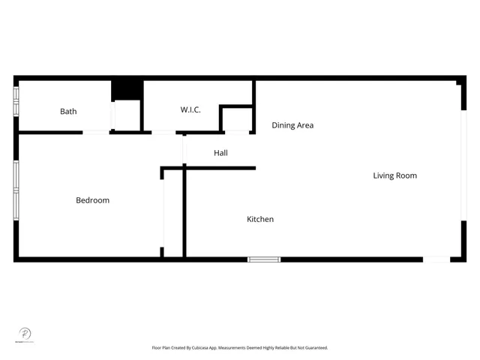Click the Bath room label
pyautogui.click(x=68, y=112)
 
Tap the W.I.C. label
pyautogui.click(x=190, y=110)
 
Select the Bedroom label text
pyautogui.click(x=92, y=200)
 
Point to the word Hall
pyautogui.click(x=220, y=153)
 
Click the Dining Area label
pyautogui.click(x=292, y=125)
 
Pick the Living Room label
pyautogui.click(x=394, y=175)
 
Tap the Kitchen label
pyautogui.click(x=260, y=219)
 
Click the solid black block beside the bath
pyautogui.click(x=127, y=89)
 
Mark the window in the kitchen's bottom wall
pyautogui.click(x=264, y=259)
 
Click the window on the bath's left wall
pyautogui.click(x=16, y=101)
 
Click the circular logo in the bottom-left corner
pyautogui.click(x=25, y=334)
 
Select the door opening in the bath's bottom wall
pyautogui.click(x=96, y=133)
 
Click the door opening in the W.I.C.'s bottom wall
pyautogui.click(x=163, y=133)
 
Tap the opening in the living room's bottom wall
pyautogui.click(x=436, y=259)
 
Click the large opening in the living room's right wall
pyautogui.click(x=463, y=165)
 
